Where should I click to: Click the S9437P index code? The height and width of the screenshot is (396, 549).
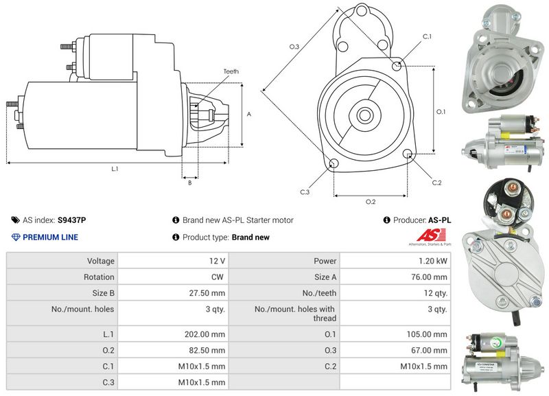71,220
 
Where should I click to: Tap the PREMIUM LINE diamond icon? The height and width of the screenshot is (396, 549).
16,237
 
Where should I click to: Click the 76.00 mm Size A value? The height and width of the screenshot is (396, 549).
431,277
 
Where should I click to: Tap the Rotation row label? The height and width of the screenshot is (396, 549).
100,277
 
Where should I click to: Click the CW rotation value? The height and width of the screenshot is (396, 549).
219,277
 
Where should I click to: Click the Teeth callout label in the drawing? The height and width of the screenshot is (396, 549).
231,71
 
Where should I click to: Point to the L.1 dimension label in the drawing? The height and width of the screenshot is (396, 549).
115,168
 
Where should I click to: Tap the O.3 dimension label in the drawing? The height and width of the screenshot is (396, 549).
294,47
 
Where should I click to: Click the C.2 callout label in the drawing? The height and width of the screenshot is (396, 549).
436,182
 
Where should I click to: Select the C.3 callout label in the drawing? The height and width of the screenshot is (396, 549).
305,192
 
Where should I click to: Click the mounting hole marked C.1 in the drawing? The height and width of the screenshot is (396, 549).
397,65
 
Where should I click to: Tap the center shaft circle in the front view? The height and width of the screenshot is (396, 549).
364,114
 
